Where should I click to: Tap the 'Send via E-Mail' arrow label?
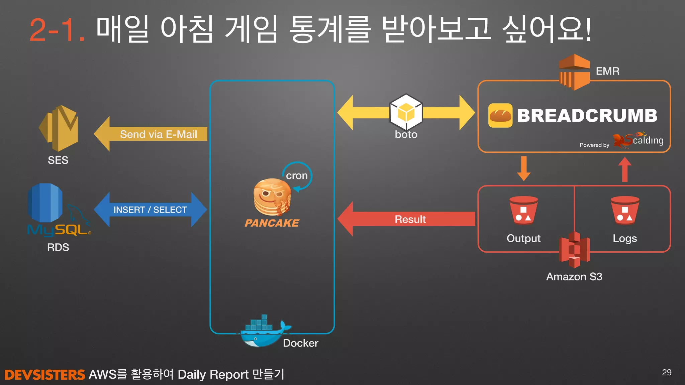(158, 134)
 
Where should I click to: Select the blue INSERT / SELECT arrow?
(150, 210)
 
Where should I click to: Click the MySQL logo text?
(59, 230)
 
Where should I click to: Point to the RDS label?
(58, 247)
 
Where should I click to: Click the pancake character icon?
(272, 198)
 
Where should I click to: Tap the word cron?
(297, 175)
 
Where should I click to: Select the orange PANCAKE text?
(272, 223)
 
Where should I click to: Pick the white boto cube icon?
(406, 112)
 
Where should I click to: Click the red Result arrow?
(410, 219)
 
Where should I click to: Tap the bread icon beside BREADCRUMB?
(500, 116)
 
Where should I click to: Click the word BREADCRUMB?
(587, 116)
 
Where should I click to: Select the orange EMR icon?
(574, 72)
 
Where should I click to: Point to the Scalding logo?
(638, 140)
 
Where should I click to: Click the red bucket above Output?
(523, 211)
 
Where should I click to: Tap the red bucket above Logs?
(625, 211)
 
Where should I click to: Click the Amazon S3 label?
(574, 277)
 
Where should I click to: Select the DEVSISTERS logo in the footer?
(45, 375)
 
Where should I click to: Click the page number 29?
(666, 372)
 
